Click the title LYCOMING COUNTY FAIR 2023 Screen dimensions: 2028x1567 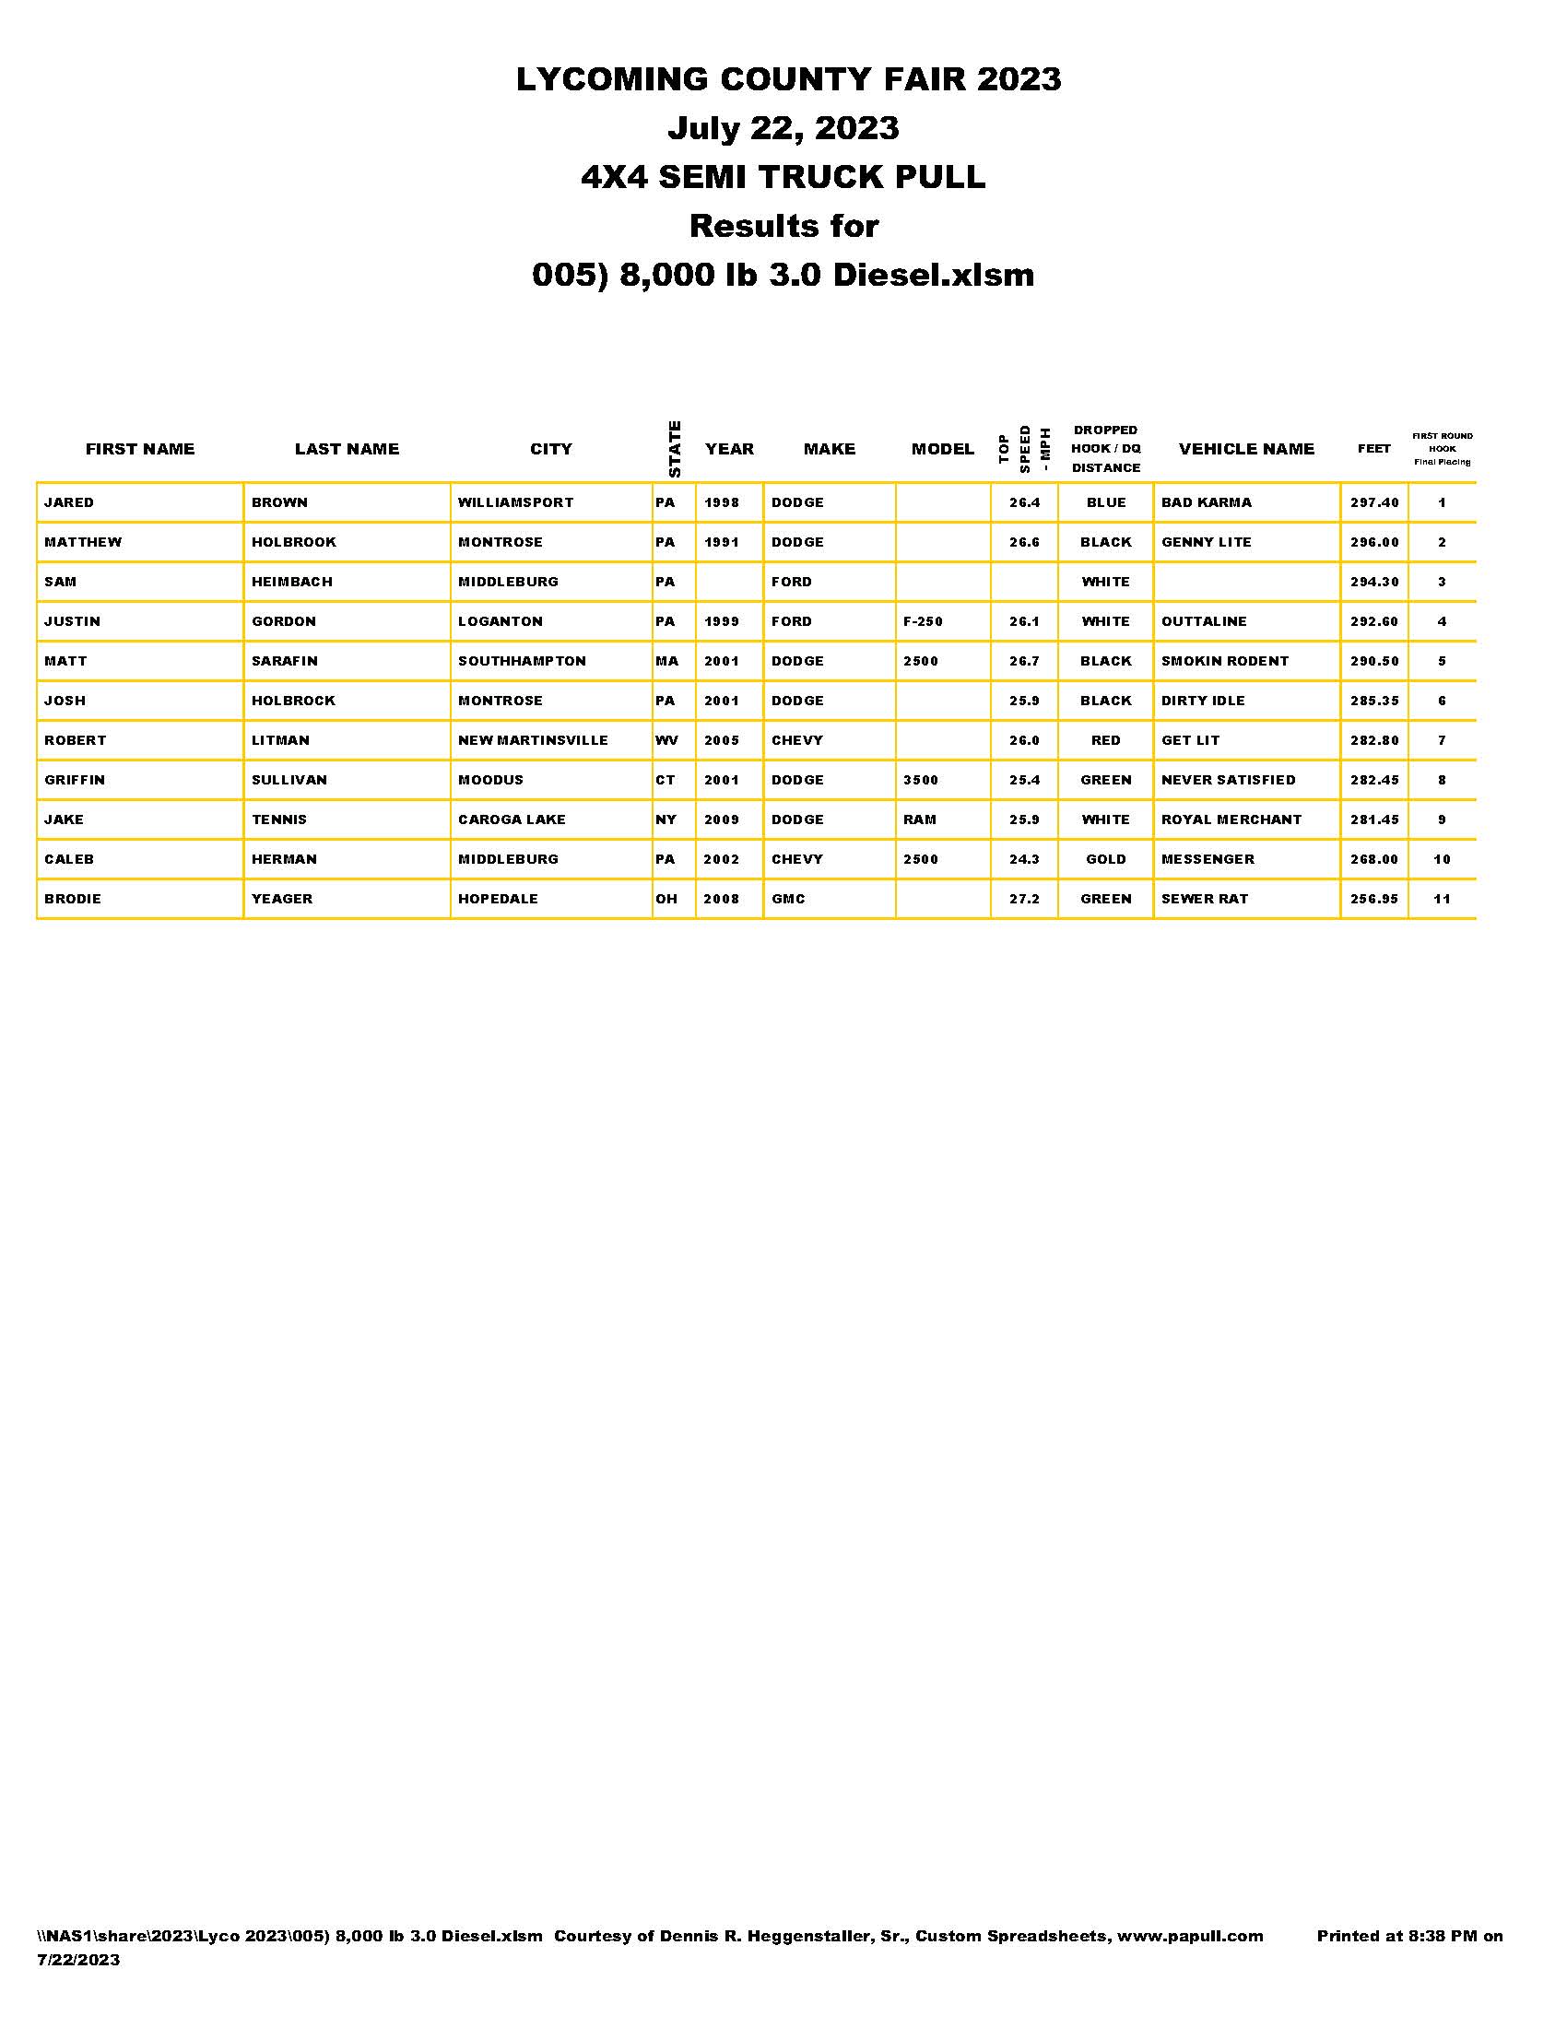coord(787,80)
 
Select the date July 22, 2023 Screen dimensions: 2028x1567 coord(783,128)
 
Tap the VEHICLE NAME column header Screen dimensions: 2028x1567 coord(1246,450)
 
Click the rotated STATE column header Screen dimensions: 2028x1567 coord(675,450)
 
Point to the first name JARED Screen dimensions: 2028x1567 coord(69,502)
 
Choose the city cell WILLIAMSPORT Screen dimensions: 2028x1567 coord(515,502)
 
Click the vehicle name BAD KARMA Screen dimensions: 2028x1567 coord(1206,502)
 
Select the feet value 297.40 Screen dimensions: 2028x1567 coord(1374,502)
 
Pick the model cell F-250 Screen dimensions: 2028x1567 coord(923,621)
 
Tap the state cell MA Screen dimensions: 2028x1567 coord(666,661)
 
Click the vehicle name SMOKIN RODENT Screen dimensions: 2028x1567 coord(1224,661)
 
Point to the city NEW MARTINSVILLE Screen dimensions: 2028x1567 coord(533,740)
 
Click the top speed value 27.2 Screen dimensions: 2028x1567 coord(1024,899)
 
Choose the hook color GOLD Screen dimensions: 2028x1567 coord(1105,859)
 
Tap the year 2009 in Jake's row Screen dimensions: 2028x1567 coord(722,819)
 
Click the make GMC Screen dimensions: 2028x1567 coord(788,899)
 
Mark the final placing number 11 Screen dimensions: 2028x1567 coord(1442,899)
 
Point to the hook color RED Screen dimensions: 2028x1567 coord(1105,740)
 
